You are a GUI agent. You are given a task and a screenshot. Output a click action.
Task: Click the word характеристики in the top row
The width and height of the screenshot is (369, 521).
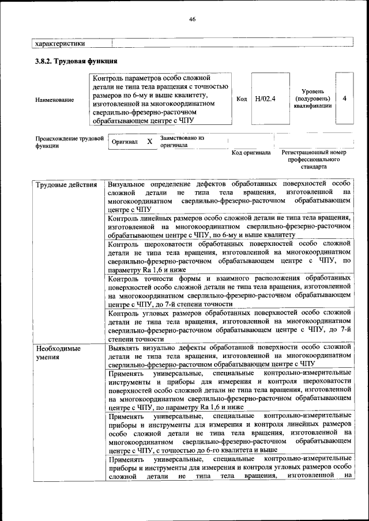(60, 43)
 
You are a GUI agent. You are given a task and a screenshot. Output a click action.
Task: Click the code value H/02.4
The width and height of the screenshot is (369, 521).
(265, 98)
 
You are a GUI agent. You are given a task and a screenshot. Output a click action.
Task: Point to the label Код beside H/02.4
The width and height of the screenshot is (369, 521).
(242, 98)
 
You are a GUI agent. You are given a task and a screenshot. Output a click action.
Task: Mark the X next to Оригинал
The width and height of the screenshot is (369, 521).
(149, 142)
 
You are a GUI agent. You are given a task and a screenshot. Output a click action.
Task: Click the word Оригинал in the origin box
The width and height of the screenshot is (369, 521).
(125, 142)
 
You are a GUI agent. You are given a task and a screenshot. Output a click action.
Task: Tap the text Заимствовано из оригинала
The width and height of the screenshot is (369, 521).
(182, 142)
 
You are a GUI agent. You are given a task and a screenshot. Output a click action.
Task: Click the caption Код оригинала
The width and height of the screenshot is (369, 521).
(251, 153)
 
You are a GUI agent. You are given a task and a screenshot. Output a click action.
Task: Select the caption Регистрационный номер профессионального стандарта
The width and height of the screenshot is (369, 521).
(314, 159)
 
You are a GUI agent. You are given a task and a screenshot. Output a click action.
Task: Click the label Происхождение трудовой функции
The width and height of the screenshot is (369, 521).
(69, 142)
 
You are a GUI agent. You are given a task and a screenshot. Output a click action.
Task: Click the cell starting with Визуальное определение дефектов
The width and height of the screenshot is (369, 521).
(229, 197)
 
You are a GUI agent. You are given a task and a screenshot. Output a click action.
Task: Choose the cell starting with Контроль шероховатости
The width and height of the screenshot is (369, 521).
(229, 257)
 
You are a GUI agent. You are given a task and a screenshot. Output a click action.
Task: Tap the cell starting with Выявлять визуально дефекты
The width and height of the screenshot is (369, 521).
(229, 356)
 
